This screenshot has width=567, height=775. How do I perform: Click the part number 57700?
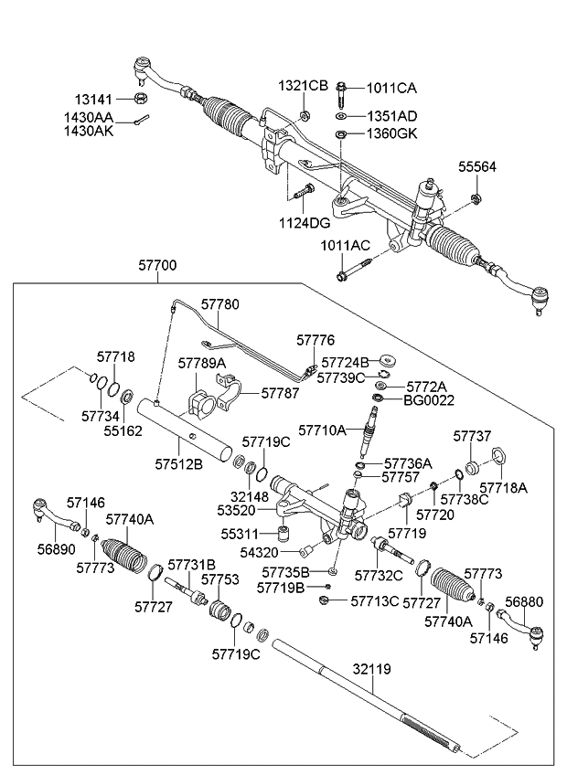(157, 265)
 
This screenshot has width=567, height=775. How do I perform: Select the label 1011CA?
(391, 88)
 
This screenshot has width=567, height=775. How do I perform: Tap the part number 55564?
(477, 166)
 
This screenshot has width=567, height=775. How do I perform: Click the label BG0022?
(430, 399)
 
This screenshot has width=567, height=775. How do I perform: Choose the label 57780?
(219, 303)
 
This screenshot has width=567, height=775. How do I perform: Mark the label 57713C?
(375, 600)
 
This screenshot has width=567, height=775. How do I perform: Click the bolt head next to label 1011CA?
(341, 90)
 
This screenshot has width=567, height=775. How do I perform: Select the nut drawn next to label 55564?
(476, 198)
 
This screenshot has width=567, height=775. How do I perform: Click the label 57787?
(280, 393)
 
